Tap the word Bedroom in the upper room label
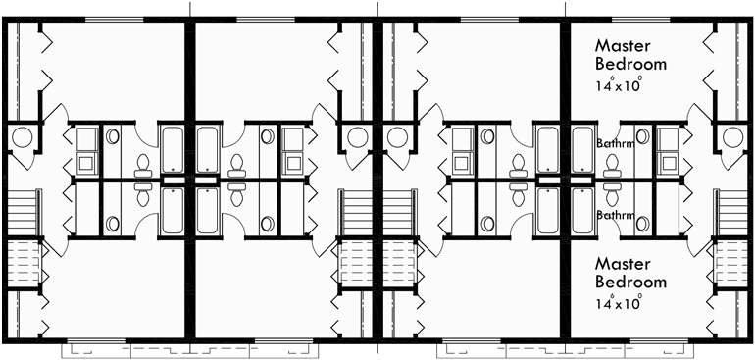point(631,65)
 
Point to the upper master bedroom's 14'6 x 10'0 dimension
point(621,84)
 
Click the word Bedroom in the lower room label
point(631,283)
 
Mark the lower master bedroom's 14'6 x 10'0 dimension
point(621,302)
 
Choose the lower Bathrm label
point(613,213)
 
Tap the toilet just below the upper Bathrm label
point(613,167)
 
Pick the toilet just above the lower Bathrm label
point(613,192)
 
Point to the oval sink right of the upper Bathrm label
point(641,138)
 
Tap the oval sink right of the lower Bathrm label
point(641,224)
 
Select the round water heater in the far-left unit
point(21,137)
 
